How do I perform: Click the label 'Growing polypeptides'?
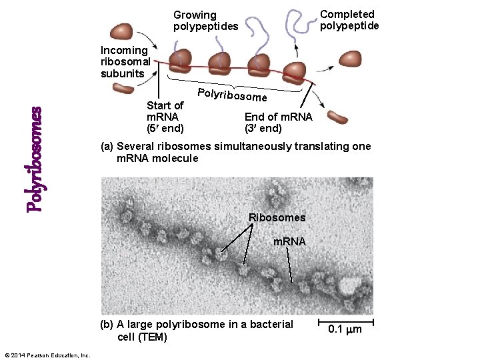click(x=205, y=21)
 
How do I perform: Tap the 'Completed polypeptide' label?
click(x=349, y=20)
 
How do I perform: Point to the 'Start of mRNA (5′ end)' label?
click(x=165, y=116)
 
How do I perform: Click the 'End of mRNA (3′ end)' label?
click(x=278, y=123)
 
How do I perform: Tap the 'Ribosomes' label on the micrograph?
click(x=277, y=217)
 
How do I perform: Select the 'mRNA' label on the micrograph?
click(x=289, y=241)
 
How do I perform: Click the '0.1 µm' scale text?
click(x=346, y=329)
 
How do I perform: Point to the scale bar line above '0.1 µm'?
click(x=346, y=321)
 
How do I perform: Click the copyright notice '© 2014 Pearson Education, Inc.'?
click(x=47, y=355)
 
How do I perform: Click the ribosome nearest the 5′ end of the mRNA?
click(x=180, y=61)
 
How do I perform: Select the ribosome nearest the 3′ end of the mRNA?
click(x=295, y=72)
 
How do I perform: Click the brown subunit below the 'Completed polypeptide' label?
click(x=349, y=59)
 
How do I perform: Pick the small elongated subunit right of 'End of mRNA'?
click(x=337, y=118)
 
